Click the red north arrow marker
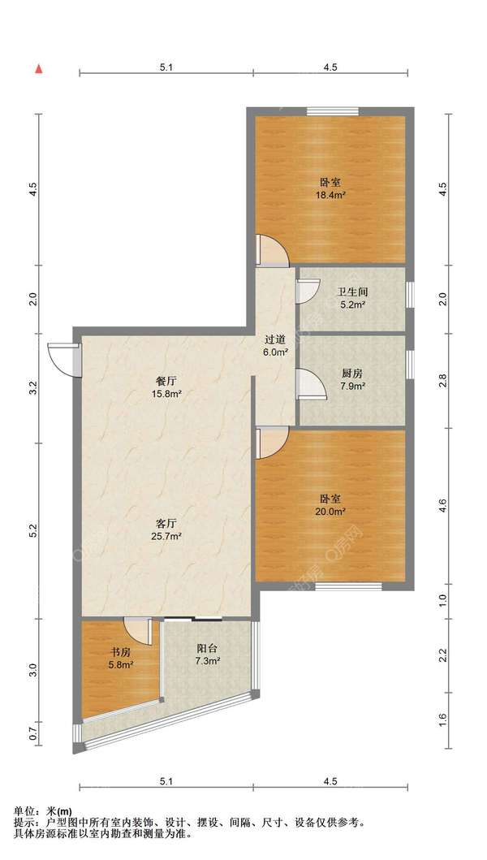coord(38,68)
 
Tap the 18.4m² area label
coord(332,194)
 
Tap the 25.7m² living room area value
coord(169,537)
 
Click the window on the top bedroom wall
coord(333,111)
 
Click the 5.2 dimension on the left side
coord(34,531)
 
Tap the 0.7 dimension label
coord(33,734)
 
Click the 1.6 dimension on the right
coord(444,720)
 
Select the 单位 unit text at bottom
coord(24,811)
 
